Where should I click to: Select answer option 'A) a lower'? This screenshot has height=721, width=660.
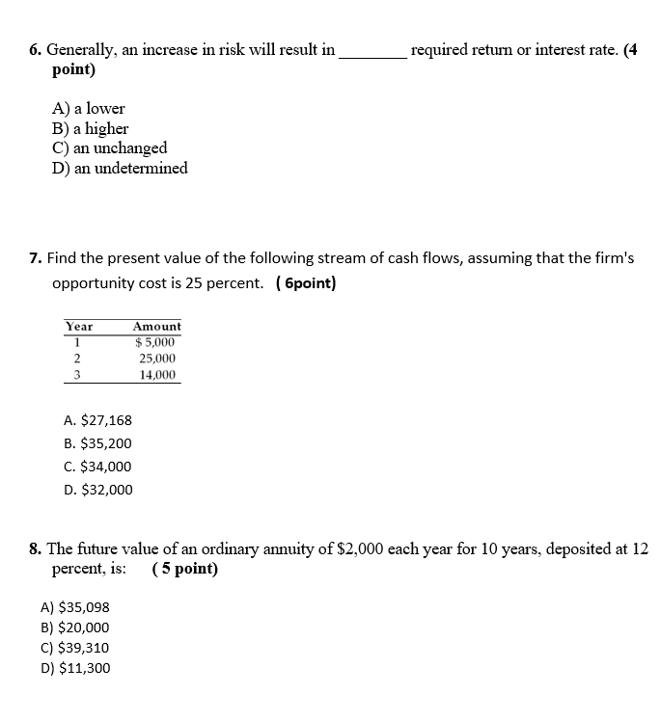[88, 109]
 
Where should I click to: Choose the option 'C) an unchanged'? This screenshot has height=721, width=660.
[109, 147]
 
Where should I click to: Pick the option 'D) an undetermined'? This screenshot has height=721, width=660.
[120, 169]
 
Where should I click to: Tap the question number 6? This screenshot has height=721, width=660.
[35, 49]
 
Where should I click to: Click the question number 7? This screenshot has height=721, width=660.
[35, 258]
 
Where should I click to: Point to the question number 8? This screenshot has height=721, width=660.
[35, 549]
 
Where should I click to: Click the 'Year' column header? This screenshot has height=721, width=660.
[79, 327]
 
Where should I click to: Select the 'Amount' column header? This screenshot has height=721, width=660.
[156, 327]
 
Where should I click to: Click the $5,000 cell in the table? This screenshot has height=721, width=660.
[155, 341]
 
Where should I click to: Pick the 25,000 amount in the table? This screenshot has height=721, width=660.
[157, 358]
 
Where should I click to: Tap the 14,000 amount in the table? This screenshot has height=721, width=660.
[157, 374]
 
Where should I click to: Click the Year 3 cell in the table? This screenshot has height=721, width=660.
[76, 374]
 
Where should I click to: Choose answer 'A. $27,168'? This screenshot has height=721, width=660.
[97, 420]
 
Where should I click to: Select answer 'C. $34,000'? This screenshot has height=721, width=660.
[97, 467]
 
